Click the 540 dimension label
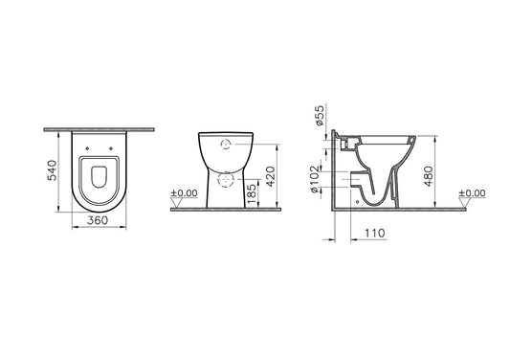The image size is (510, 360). (52, 170)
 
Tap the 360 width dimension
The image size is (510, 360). (98, 220)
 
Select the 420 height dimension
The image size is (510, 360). (270, 176)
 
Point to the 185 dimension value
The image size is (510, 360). (252, 193)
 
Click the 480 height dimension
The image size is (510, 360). (429, 176)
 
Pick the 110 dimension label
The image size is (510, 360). (375, 233)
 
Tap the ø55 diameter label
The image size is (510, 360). (320, 115)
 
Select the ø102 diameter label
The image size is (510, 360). (315, 179)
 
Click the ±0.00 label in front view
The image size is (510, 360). (184, 193)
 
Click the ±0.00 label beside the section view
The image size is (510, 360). (472, 193)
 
